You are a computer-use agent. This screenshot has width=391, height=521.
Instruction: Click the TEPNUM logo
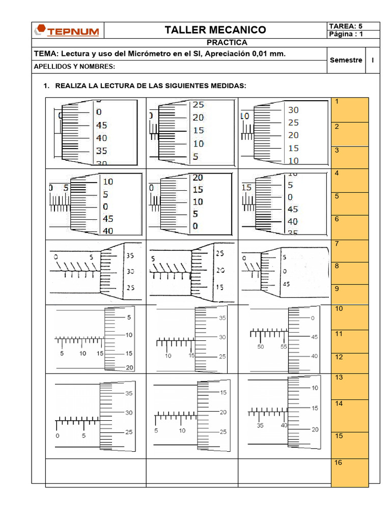pyautogui.click(x=69, y=31)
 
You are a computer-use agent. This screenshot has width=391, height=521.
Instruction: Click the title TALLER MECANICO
pyautogui.click(x=215, y=30)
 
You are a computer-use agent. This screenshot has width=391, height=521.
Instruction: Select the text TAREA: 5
pyautogui.click(x=346, y=26)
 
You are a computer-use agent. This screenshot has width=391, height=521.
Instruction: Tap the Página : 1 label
pyautogui.click(x=346, y=34)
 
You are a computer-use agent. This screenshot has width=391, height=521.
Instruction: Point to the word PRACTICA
pyautogui.click(x=227, y=43)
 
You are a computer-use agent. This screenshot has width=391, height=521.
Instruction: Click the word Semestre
pyautogui.click(x=346, y=60)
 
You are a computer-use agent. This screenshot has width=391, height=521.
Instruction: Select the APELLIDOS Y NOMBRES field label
pyautogui.click(x=74, y=67)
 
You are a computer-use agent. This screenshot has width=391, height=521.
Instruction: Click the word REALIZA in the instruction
pyautogui.click(x=71, y=86)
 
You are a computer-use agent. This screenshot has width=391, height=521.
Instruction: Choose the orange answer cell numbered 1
pyautogui.click(x=350, y=109)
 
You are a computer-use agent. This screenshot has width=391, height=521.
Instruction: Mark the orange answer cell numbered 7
pyautogui.click(x=350, y=251)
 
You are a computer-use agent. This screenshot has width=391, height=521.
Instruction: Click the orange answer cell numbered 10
pyautogui.click(x=350, y=316)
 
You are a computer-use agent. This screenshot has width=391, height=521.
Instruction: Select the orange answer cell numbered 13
pyautogui.click(x=350, y=386)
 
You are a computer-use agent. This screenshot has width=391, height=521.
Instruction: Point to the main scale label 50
pyautogui.click(x=261, y=346)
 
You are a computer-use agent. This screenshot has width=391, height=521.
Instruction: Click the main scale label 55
pyautogui.click(x=284, y=346)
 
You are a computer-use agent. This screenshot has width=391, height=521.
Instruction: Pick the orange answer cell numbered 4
pyautogui.click(x=350, y=181)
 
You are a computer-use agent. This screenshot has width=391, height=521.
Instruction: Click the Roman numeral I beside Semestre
pyautogui.click(x=373, y=60)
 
